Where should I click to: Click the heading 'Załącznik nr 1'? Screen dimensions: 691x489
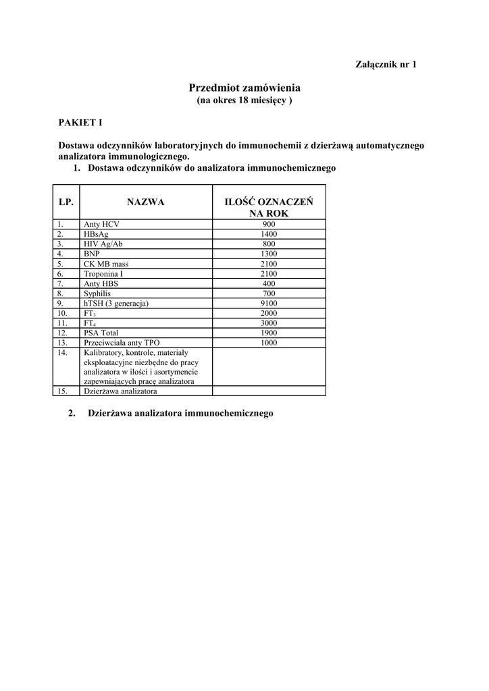coord(386,64)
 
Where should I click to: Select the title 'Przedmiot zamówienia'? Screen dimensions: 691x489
coord(244,88)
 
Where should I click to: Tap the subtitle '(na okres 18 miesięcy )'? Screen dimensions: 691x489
coord(244,101)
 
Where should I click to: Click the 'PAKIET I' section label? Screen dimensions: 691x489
coord(80,123)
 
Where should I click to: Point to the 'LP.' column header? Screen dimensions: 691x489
coord(66,202)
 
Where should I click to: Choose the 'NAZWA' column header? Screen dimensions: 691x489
coord(145,202)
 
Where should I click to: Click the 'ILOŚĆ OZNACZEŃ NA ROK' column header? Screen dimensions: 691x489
coord(269,207)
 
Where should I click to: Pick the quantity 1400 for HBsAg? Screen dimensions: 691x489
coord(269,234)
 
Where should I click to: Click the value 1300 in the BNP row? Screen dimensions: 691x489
coord(269,254)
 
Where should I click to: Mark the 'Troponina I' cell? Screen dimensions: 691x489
coord(103,274)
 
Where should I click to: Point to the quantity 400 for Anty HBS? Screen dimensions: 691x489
coord(269,283)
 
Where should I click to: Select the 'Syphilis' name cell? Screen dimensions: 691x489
coord(97,294)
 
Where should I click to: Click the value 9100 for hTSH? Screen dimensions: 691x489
coord(269,304)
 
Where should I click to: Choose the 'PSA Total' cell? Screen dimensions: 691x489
coord(101,333)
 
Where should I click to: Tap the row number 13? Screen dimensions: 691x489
coord(62,343)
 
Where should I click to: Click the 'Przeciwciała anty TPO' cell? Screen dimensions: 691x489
coord(122,343)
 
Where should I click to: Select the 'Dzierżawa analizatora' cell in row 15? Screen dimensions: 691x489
coord(120,391)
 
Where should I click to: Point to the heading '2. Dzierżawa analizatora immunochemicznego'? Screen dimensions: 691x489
coord(171,413)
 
